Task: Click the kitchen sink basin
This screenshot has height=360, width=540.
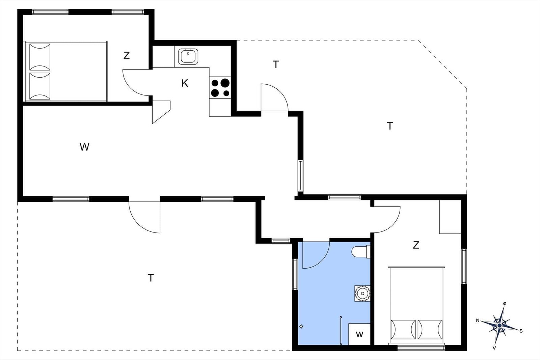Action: (x=188, y=57)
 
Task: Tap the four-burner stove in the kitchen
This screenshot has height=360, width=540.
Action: (x=220, y=87)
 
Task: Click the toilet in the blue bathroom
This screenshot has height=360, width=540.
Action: (x=361, y=252)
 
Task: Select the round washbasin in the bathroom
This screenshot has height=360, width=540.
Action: (x=362, y=293)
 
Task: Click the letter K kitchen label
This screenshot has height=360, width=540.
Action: (x=185, y=83)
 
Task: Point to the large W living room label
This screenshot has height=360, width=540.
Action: (x=84, y=147)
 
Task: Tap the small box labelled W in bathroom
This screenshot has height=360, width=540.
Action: (x=359, y=334)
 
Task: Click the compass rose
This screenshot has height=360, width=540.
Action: (x=500, y=326)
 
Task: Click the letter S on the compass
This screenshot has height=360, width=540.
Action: (x=521, y=331)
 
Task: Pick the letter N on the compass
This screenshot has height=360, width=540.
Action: (x=478, y=321)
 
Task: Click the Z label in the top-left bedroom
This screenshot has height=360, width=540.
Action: (x=127, y=56)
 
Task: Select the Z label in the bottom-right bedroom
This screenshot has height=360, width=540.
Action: (x=416, y=245)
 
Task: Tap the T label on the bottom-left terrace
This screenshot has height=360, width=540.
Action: (x=151, y=278)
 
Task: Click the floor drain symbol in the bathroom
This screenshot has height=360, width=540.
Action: (x=301, y=327)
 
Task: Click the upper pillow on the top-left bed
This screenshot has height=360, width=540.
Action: (x=40, y=57)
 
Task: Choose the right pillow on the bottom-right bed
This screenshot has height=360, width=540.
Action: (x=430, y=330)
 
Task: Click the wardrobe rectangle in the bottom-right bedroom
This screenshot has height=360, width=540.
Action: (x=450, y=217)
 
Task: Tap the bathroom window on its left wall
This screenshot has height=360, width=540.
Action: (x=295, y=274)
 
